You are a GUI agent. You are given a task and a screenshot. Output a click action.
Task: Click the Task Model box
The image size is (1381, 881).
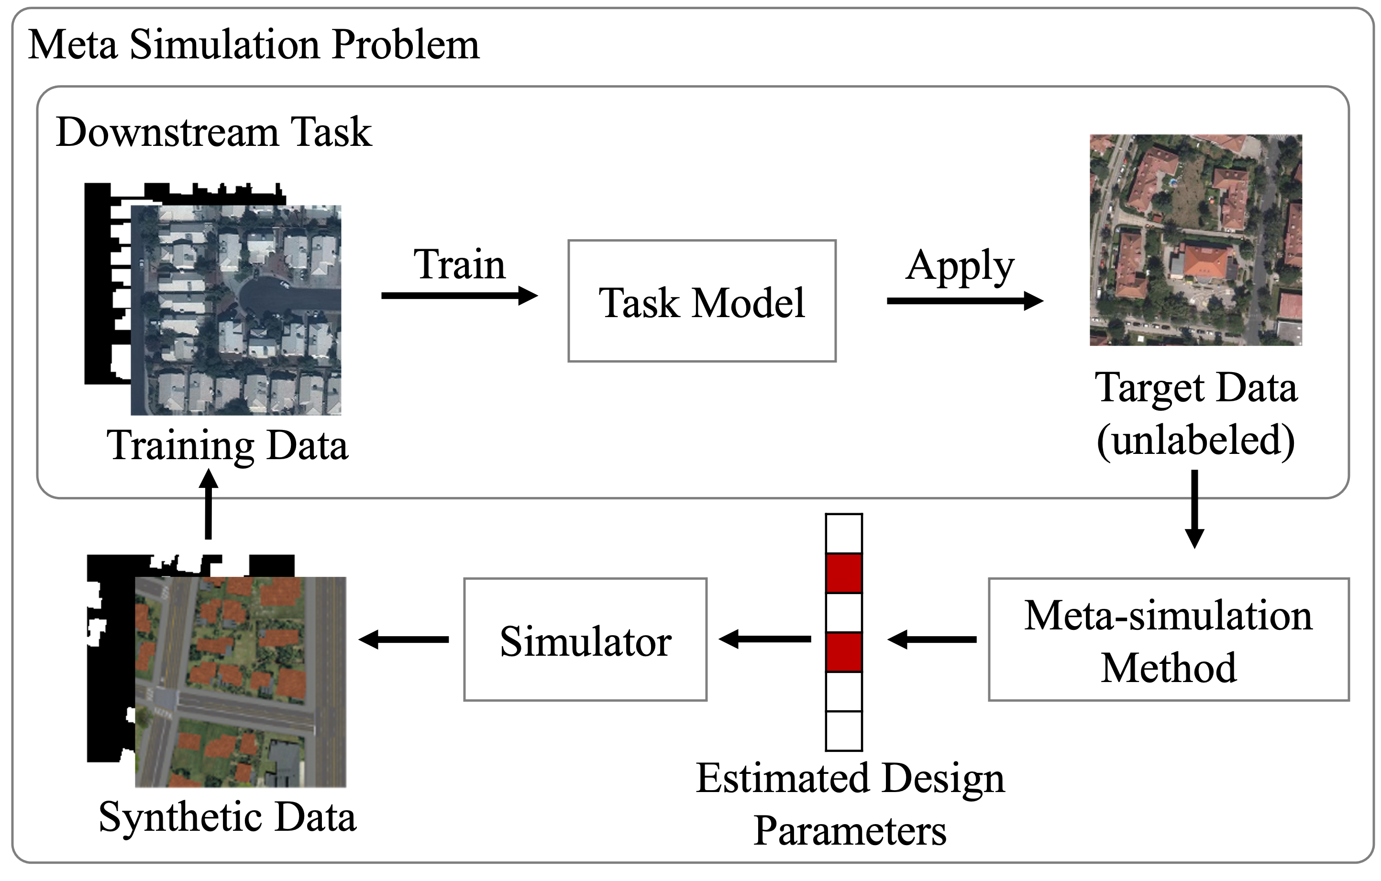[x=701, y=301]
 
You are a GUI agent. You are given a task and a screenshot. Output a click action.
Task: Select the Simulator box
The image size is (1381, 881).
[x=585, y=639]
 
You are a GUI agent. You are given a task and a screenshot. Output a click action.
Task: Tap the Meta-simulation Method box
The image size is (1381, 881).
[x=1168, y=639]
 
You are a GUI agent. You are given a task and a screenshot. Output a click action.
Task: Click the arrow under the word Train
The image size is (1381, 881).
[x=459, y=296]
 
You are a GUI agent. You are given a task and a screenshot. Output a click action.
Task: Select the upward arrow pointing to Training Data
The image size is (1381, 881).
[x=208, y=505]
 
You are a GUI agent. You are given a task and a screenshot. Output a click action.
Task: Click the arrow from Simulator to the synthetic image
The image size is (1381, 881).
[x=404, y=639]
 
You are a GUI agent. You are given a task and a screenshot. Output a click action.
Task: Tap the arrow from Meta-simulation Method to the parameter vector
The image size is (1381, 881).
[x=932, y=639]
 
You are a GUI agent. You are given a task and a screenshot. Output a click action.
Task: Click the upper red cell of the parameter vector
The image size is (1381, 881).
[x=844, y=573]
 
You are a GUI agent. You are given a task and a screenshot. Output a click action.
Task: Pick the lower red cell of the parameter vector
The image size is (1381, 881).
[x=844, y=652]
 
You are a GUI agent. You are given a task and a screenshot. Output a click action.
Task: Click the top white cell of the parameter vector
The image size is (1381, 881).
[x=844, y=533]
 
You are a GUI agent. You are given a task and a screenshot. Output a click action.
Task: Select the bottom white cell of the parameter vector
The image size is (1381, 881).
[x=844, y=731]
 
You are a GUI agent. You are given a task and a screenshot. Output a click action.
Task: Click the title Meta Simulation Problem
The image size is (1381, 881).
[x=254, y=45]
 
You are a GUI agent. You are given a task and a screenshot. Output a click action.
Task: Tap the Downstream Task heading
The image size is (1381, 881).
[x=214, y=132]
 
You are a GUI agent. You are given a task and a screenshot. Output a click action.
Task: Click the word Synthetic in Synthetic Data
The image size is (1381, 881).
[x=178, y=817]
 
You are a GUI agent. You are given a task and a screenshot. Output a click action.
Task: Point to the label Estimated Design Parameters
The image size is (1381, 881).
[x=850, y=804]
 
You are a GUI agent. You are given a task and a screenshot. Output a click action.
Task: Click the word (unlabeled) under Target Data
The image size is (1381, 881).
[x=1196, y=440]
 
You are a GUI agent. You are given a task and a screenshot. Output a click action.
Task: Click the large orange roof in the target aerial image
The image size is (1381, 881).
[x=1204, y=263]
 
